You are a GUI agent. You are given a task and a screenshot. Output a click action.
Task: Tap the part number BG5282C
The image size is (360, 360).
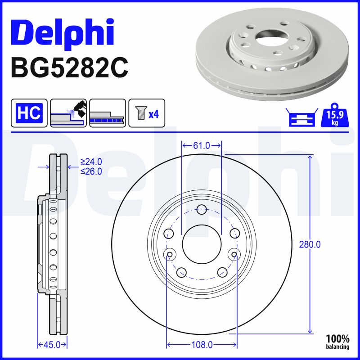coord(69,67)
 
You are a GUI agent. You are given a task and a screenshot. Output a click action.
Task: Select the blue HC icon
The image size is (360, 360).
coord(29,112)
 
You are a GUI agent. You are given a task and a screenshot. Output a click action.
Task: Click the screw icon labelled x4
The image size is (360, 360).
coord(147,112)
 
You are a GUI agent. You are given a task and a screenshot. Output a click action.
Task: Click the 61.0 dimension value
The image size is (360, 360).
coord(201,145)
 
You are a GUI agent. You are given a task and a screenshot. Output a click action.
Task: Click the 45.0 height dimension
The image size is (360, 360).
coord(52,345)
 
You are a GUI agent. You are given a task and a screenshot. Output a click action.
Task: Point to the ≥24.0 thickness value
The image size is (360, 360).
coord(91,162)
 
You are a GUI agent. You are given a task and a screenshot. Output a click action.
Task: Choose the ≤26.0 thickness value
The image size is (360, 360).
coord(91,171)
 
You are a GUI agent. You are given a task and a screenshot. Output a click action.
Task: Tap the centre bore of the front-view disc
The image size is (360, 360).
coord(202,244)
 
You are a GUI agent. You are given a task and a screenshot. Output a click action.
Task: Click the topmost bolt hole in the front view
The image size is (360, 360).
coord(202,209)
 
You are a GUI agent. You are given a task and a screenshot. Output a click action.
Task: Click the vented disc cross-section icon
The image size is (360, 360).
coord(107,112)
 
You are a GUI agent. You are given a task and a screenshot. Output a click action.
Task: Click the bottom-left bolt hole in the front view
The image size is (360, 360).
coord(182,272)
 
